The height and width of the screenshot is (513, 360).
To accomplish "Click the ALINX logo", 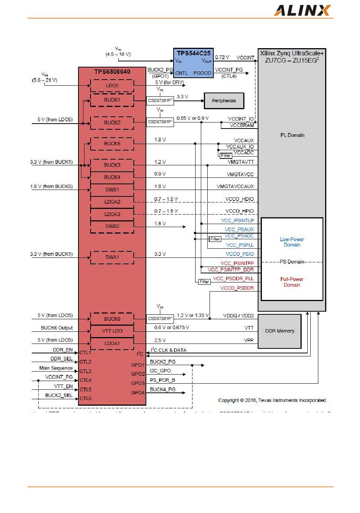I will coord(302,10).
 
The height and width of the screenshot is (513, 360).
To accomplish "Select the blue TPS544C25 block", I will coord(193,63).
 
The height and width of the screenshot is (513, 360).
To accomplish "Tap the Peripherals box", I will coord(224,101).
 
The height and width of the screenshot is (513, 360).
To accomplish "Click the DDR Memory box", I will coord(280,331).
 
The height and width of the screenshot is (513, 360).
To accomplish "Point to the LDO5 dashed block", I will coord(112,86).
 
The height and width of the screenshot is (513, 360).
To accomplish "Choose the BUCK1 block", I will coord(112,100).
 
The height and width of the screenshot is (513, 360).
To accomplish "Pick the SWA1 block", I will coord(112,257).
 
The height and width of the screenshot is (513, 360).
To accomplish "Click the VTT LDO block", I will coord(112,331).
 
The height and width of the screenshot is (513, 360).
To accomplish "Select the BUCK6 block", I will coord(112,319).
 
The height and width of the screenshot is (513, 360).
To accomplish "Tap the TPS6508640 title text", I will coord(112,72).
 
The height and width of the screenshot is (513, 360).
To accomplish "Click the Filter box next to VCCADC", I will coord(226,155).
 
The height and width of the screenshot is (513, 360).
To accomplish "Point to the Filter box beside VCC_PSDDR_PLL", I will coord(205,282).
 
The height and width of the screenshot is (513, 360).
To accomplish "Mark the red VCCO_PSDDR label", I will coord(237,288).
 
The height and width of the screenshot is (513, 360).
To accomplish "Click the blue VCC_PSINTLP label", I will coord(238,220).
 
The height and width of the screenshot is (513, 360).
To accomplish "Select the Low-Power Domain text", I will coord(292,242).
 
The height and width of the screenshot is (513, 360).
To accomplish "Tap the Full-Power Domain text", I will coord(292,282).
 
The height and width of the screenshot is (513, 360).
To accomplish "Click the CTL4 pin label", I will coord(85,380).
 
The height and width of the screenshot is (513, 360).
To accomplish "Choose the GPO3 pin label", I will coord(138,383).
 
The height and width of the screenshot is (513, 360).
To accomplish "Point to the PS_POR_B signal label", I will coord(163,380).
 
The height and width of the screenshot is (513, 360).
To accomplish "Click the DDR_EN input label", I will coord(63,350).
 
